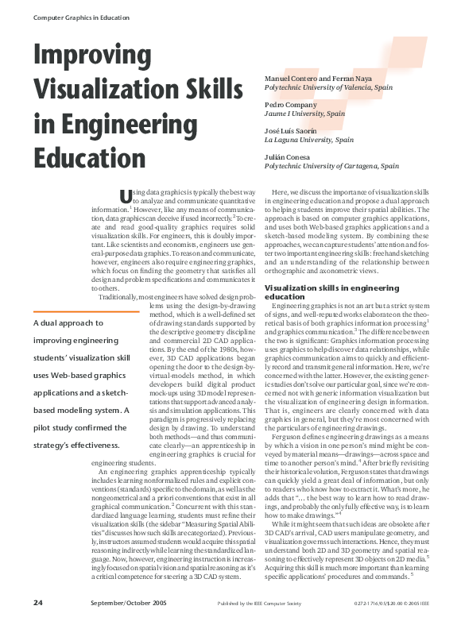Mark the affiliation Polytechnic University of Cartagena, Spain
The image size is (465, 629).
click(331, 166)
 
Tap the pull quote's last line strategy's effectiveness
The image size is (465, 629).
click(76, 445)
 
